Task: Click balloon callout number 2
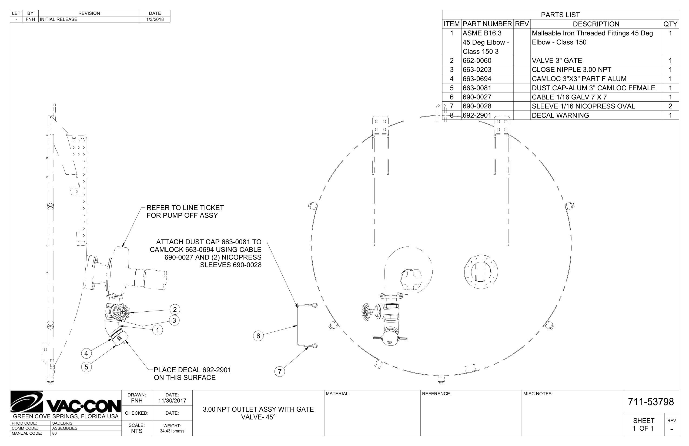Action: pyautogui.click(x=175, y=309)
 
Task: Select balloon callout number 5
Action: pyautogui.click(x=86, y=367)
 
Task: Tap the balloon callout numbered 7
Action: pyautogui.click(x=279, y=372)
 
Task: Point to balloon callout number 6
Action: pyautogui.click(x=258, y=336)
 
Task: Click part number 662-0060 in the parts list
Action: pyautogui.click(x=477, y=61)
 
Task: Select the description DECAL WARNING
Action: pyautogui.click(x=560, y=115)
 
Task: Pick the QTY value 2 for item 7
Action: pyautogui.click(x=670, y=106)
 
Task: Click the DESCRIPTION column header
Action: pyautogui.click(x=596, y=24)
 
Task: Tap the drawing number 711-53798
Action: pyautogui.click(x=651, y=402)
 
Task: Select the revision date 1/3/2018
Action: pyautogui.click(x=155, y=19)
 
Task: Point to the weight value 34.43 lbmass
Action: pyautogui.click(x=172, y=431)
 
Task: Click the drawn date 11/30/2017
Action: pyautogui.click(x=172, y=401)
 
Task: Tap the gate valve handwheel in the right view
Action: pyautogui.click(x=366, y=312)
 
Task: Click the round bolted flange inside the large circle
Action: pyautogui.click(x=481, y=272)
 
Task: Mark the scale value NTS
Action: pyautogui.click(x=137, y=431)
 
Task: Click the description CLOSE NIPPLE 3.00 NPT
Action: pyautogui.click(x=571, y=69)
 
